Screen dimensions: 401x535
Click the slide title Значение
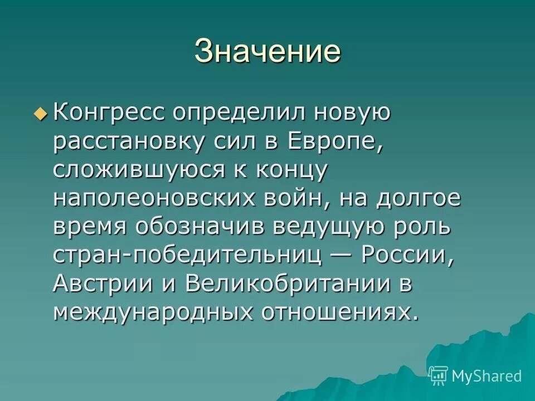click(267, 51)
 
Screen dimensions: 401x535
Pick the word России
click(405, 256)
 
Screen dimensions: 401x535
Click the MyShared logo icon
click(439, 376)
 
